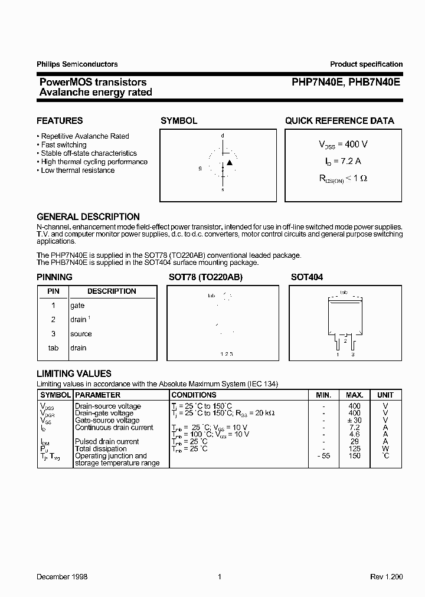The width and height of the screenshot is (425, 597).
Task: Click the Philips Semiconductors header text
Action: pos(77,64)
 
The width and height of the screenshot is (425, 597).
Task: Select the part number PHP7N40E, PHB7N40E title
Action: pos(346,83)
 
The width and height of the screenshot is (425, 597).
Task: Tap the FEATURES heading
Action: pos(60,121)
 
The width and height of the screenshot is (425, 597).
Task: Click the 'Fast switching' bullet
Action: pos(64,145)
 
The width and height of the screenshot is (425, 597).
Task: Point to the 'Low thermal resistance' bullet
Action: pos(77,170)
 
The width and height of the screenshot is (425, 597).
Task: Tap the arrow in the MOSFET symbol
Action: pos(230,162)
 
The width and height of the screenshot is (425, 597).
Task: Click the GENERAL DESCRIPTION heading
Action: pos(88,217)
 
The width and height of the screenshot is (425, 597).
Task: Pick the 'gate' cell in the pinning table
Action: pos(77,306)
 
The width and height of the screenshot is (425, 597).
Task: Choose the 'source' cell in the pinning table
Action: pos(81,334)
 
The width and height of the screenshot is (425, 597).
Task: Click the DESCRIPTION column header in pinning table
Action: pos(112,291)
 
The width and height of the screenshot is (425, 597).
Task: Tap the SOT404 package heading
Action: pos(307,277)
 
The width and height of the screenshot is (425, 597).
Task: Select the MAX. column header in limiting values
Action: pos(354,395)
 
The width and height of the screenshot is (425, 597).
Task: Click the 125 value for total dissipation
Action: pos(354,449)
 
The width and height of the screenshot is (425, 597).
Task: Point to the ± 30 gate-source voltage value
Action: pos(354,420)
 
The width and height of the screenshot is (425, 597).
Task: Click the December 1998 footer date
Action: pos(62,576)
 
